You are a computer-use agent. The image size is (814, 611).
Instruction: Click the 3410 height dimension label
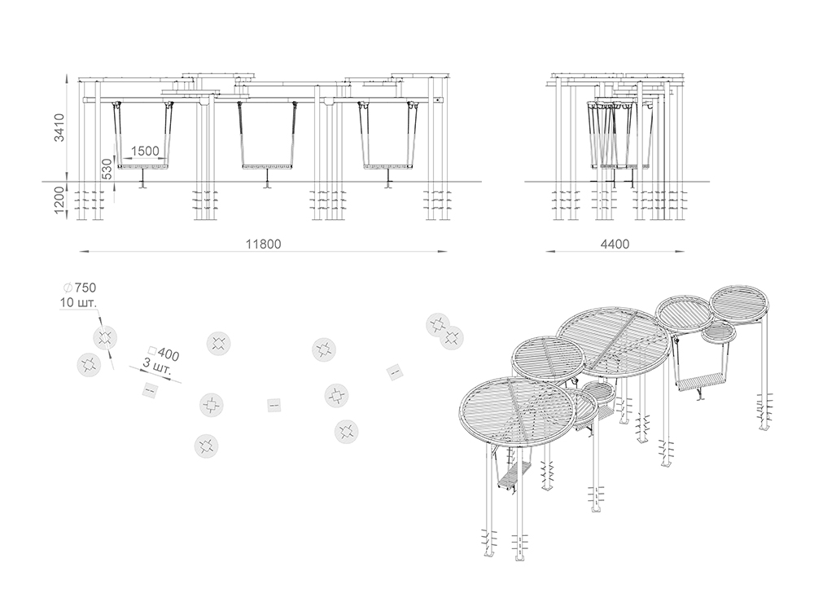pos(60,127)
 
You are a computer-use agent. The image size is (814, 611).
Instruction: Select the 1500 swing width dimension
pos(145,152)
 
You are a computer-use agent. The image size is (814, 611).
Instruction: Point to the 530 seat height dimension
pos(106,169)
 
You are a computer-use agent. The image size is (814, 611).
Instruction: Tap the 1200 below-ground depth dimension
pos(60,200)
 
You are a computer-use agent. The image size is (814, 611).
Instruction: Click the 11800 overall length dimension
pos(263,244)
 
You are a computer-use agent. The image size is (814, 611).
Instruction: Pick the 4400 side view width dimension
pos(615,244)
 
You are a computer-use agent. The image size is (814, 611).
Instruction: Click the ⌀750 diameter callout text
pos(80,288)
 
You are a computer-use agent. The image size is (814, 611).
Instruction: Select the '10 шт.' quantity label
pos(78,302)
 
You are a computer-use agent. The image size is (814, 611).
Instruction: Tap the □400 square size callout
pos(164,353)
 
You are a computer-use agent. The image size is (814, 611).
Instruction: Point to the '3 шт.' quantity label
pos(155,367)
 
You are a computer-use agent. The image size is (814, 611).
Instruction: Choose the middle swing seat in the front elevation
pos(267,167)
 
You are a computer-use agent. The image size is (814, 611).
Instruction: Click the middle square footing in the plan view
pos(274,405)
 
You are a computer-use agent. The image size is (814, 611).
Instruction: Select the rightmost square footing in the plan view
pos(394,372)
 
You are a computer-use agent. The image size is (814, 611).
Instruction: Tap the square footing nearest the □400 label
pos(151,389)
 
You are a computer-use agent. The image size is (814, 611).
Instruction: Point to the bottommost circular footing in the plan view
pos(206,446)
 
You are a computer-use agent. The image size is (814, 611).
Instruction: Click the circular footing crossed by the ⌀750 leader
pos(105,338)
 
